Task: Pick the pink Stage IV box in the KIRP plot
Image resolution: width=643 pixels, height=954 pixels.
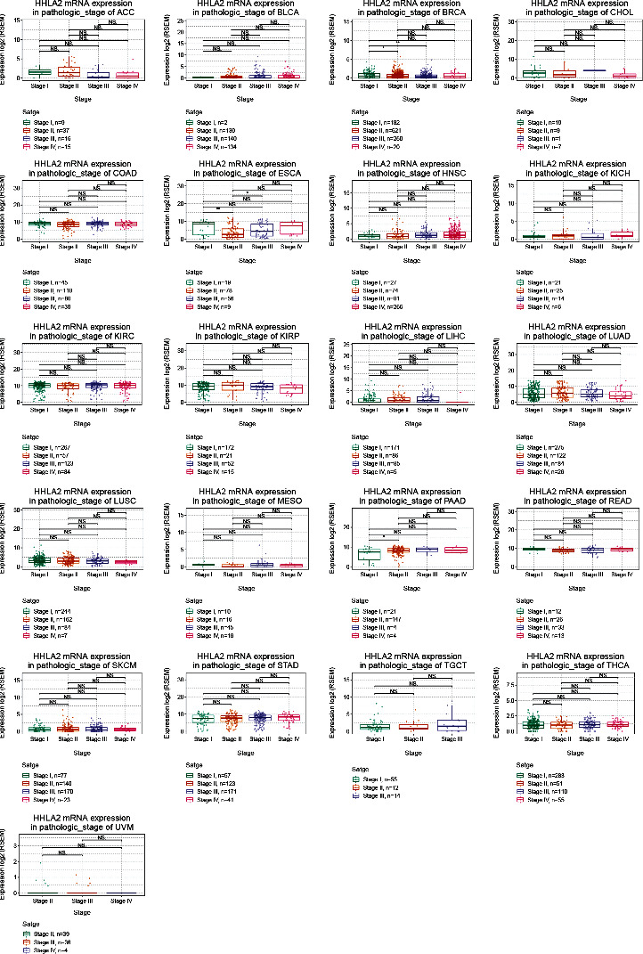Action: tap(291, 389)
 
